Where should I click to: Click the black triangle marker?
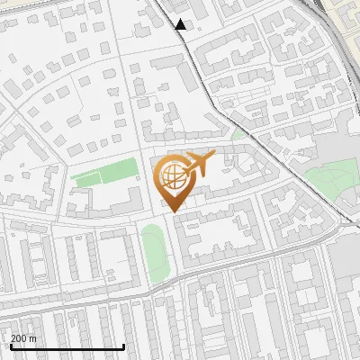click(181, 24)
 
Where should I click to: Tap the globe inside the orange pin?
click(174, 175)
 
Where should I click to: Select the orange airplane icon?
click(200, 163)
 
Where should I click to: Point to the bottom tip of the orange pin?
click(174, 211)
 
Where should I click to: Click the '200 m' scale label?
click(24, 338)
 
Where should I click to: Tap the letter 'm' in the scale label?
click(33, 338)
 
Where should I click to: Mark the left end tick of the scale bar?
click(10, 346)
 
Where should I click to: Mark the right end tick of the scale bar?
click(123, 346)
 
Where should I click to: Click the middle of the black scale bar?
click(67, 347)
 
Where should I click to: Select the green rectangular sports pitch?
click(95, 176)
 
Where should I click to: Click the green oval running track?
click(155, 251)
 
